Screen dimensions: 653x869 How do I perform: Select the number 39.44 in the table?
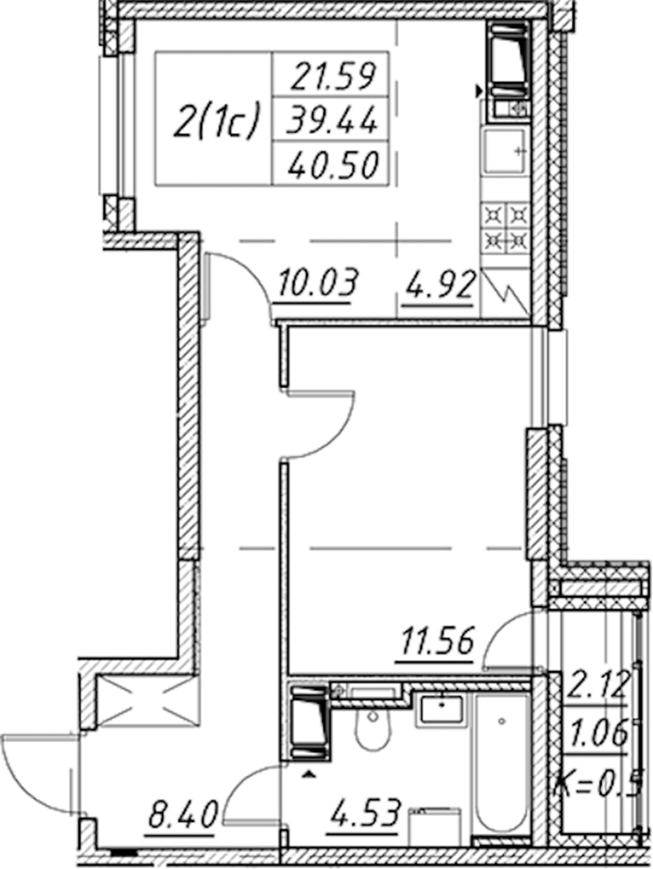tap(331, 119)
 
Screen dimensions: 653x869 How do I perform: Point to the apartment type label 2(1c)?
tap(217, 119)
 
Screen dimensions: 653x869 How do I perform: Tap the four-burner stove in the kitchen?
tap(506, 228)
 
